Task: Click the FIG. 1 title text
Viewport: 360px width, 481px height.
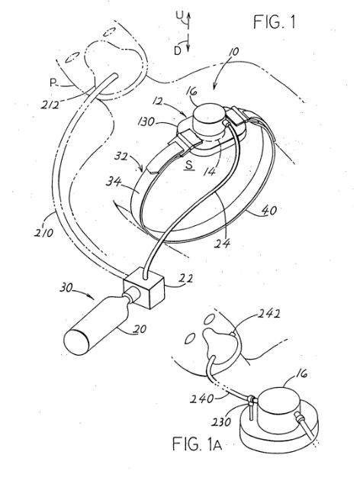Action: pyautogui.click(x=275, y=22)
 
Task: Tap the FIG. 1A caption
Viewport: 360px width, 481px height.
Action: pyautogui.click(x=197, y=444)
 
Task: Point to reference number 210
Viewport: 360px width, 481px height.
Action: pyautogui.click(x=43, y=233)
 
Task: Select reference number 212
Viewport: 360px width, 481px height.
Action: pyautogui.click(x=50, y=105)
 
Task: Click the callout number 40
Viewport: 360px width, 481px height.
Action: pyautogui.click(x=269, y=211)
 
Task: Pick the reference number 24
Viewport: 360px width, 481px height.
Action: pyautogui.click(x=223, y=243)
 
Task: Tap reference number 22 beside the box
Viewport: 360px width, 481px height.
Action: pyautogui.click(x=186, y=279)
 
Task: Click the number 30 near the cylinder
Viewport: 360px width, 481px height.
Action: pyautogui.click(x=66, y=288)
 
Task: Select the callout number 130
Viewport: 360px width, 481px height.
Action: pyautogui.click(x=146, y=122)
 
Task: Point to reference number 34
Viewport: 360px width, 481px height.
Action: pyautogui.click(x=114, y=182)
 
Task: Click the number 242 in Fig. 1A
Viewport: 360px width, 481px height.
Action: pyautogui.click(x=268, y=314)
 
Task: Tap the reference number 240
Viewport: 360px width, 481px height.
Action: pyautogui.click(x=201, y=399)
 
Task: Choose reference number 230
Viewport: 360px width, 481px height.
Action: pyautogui.click(x=220, y=421)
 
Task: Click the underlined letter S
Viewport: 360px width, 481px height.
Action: pyautogui.click(x=190, y=165)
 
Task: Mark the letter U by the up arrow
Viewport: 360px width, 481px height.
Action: pyautogui.click(x=179, y=15)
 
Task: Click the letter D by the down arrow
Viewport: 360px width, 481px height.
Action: pyautogui.click(x=178, y=50)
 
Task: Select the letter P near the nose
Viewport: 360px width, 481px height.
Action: pyautogui.click(x=53, y=82)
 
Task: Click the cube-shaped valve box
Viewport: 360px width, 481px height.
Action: pyautogui.click(x=143, y=288)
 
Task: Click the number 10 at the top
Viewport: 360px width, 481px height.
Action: pyautogui.click(x=233, y=52)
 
